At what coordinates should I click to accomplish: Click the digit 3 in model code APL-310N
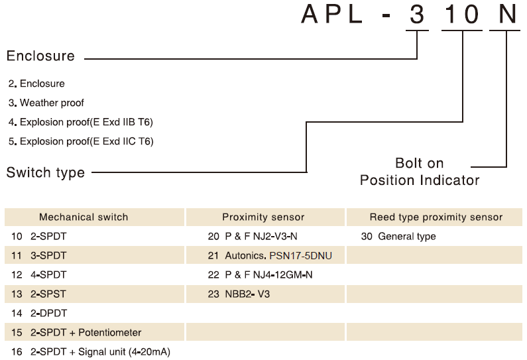(x=417, y=15)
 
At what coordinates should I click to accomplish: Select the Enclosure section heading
(x=40, y=56)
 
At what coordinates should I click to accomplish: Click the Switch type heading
(x=45, y=173)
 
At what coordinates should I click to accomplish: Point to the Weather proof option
(x=46, y=103)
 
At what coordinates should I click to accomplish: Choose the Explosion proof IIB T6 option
(x=81, y=122)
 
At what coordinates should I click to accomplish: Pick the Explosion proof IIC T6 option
(x=81, y=141)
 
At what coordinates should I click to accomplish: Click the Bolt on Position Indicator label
(x=420, y=172)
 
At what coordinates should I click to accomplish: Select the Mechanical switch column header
(x=84, y=217)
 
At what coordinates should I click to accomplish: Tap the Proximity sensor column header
(x=263, y=217)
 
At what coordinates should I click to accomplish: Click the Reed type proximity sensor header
(x=436, y=217)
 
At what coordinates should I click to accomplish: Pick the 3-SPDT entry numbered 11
(x=39, y=255)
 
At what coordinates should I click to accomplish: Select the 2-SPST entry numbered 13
(x=38, y=294)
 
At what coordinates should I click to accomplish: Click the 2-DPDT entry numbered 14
(x=39, y=314)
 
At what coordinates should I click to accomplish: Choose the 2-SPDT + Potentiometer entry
(x=76, y=332)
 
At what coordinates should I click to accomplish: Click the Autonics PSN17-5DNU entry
(x=270, y=256)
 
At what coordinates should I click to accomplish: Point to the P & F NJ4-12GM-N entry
(x=260, y=275)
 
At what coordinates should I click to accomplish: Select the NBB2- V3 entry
(x=239, y=294)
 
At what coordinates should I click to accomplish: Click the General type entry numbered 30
(x=398, y=236)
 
